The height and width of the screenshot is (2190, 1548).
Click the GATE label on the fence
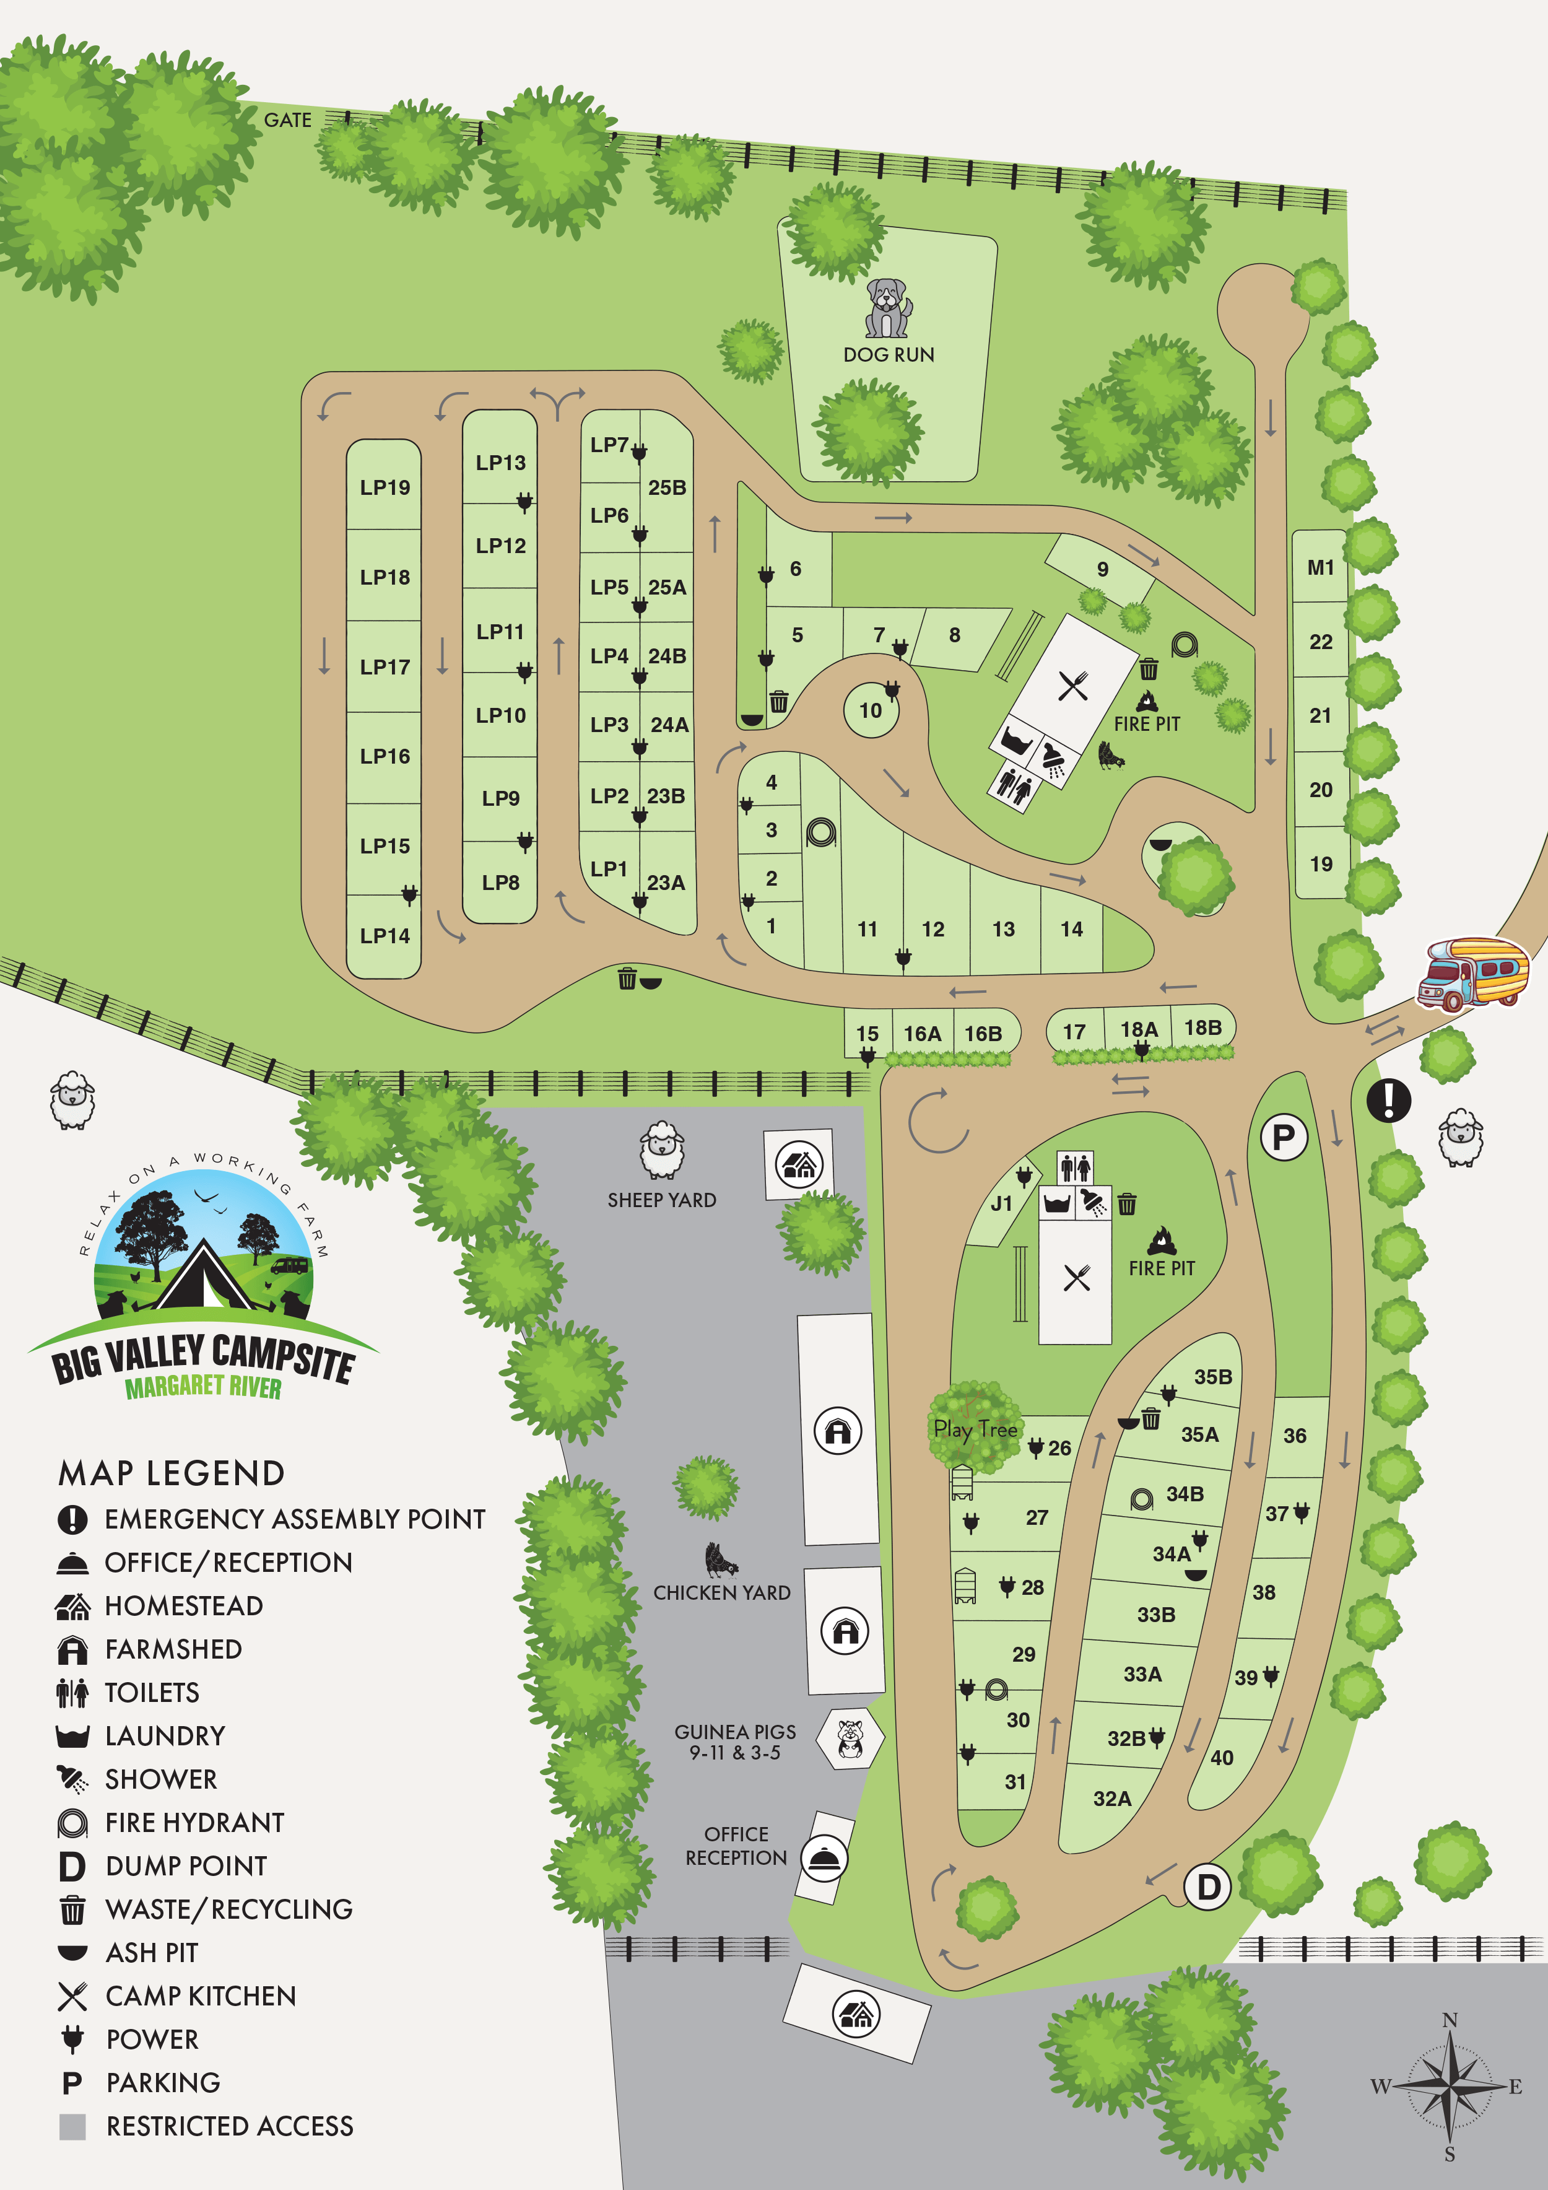coord(287,120)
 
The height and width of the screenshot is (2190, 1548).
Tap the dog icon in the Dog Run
coord(888,308)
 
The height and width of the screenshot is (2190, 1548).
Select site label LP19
coord(385,487)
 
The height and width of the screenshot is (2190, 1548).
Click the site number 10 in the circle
coord(870,710)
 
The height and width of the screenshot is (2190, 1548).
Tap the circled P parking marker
coord(1284,1137)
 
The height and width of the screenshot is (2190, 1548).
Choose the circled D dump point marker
coord(1209,1886)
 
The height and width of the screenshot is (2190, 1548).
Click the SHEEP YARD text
coord(662,1200)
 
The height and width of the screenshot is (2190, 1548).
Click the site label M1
coord(1320,567)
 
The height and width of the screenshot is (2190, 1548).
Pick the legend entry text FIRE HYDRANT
coord(194,1822)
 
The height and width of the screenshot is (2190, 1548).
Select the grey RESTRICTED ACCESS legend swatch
coord(72,2126)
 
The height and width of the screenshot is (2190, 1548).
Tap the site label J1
coord(1001,1204)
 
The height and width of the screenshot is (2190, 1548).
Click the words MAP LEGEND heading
coord(172,1473)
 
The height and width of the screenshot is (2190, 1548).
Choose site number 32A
coord(1112,1798)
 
